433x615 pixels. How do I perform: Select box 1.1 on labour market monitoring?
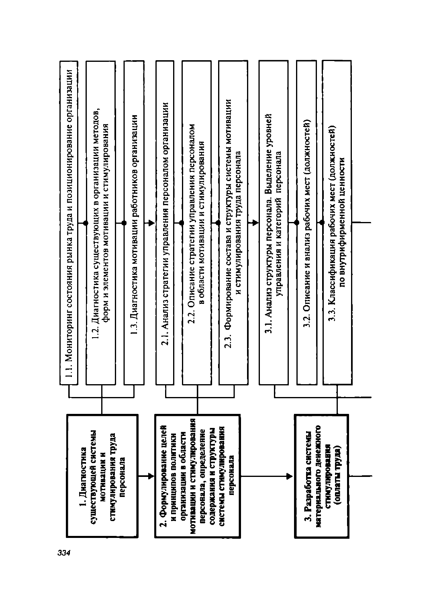tap(69, 223)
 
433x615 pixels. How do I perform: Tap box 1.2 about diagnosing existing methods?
tap(100, 223)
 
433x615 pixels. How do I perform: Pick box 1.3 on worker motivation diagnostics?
tap(134, 223)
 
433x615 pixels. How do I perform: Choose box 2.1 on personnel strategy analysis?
tap(165, 223)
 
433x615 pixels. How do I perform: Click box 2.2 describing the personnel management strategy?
tap(197, 223)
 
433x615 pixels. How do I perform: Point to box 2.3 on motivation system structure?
tap(233, 223)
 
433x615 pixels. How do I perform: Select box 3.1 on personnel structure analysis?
tap(274, 223)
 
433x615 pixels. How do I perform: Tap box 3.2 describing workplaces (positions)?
tap(306, 223)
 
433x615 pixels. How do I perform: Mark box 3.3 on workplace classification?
tap(337, 223)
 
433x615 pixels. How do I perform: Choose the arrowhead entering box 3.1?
tap(256, 223)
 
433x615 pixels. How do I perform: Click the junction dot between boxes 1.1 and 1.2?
tap(86, 223)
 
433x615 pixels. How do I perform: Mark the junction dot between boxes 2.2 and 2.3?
tap(218, 223)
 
